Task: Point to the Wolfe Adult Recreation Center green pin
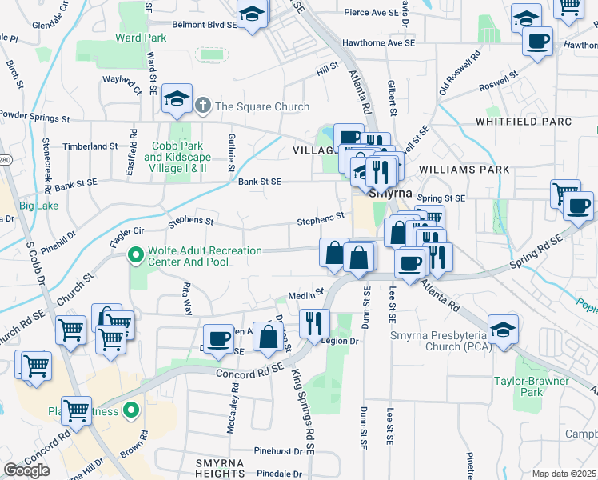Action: pyautogui.click(x=136, y=256)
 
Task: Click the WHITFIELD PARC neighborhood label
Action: pyautogui.click(x=534, y=122)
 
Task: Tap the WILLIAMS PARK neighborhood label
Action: pyautogui.click(x=464, y=170)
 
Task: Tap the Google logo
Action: pyautogui.click(x=26, y=470)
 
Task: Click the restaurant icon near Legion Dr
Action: pyautogui.click(x=314, y=322)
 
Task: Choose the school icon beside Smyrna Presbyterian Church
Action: pyautogui.click(x=503, y=330)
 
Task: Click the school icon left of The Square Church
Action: pyautogui.click(x=177, y=98)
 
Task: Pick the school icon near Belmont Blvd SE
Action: pyautogui.click(x=252, y=14)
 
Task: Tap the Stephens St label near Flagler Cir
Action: pyautogui.click(x=190, y=221)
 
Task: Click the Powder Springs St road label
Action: pyautogui.click(x=34, y=118)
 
